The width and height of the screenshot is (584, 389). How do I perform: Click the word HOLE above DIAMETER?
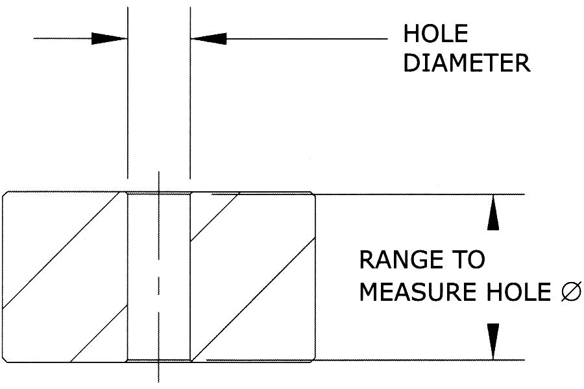point(435,34)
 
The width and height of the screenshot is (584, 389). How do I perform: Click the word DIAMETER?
point(467,63)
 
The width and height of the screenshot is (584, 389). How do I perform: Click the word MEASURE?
point(414,292)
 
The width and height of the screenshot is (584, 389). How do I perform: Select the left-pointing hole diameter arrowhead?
point(208,39)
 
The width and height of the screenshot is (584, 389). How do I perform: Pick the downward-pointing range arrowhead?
point(494,341)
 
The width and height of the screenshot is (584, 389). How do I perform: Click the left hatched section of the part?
point(65,276)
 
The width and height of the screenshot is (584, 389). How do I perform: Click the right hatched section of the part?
point(253,276)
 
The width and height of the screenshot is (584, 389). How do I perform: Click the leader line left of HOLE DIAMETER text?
point(305,39)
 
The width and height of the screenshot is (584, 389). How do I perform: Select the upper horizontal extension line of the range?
point(422,194)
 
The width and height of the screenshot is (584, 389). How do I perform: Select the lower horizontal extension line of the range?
point(422,360)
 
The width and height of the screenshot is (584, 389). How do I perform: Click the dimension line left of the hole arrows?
point(62,39)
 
